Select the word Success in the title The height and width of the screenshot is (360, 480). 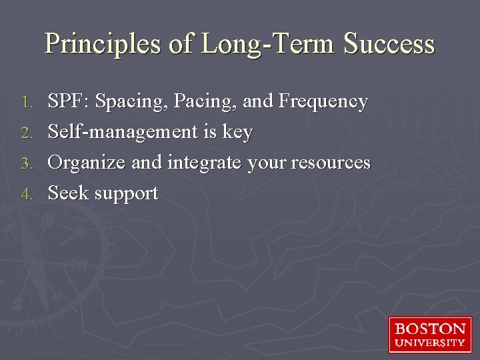point(389,44)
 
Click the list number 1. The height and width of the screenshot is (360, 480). point(27,103)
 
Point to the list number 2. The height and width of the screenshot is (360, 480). point(27,133)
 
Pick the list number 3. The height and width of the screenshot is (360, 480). point(27,164)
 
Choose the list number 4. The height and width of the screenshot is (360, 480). point(27,195)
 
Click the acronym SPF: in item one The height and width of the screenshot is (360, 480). point(69,101)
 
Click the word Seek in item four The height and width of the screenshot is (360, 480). point(69,193)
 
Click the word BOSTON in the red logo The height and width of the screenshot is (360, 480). point(430,329)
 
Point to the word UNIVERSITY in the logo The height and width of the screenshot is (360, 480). point(430,343)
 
